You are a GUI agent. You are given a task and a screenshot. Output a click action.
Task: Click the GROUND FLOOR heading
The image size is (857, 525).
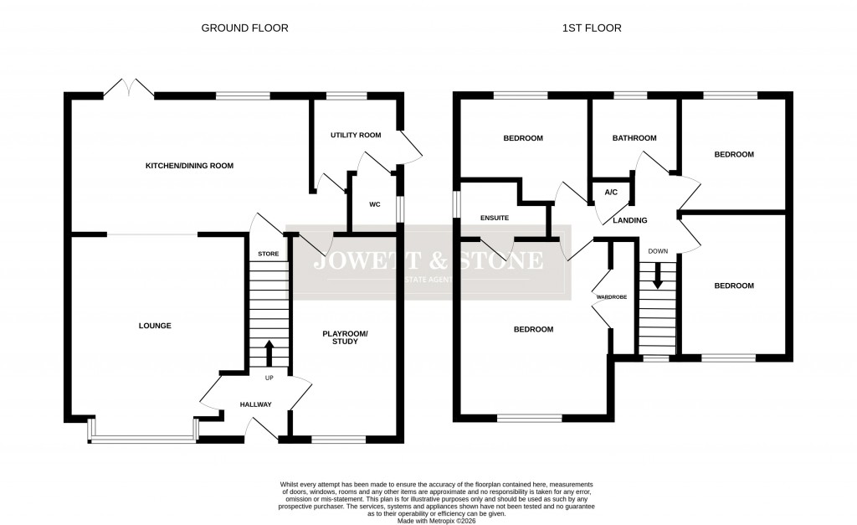[x=244, y=28]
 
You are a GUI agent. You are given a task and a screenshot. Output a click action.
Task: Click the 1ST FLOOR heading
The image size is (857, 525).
[x=593, y=28]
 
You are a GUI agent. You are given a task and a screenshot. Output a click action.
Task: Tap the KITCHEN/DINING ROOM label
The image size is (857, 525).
[x=189, y=166]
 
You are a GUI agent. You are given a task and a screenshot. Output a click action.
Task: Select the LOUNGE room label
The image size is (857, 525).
[x=155, y=326]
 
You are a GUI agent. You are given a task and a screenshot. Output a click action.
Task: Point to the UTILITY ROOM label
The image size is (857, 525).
[x=355, y=135]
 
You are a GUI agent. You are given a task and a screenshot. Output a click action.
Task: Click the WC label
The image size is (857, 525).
[x=375, y=203]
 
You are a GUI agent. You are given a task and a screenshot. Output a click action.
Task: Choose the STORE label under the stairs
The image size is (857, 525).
[x=268, y=254]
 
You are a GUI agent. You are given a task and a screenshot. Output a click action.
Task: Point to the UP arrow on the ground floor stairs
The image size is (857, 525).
[x=269, y=353]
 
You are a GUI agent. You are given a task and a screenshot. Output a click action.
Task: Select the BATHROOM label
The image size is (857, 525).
[x=634, y=138]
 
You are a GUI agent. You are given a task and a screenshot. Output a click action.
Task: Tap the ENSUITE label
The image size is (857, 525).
[x=495, y=218]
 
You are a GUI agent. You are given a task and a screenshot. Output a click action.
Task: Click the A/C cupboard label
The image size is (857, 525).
[x=611, y=193]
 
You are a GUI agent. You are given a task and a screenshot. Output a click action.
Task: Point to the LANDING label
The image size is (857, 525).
[x=629, y=220]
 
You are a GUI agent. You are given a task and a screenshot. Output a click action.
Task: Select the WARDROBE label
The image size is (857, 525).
[x=611, y=297]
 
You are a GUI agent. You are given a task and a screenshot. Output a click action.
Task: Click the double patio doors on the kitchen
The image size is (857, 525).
[x=129, y=88]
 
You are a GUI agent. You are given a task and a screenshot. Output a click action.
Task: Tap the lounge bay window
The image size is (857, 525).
[x=142, y=437]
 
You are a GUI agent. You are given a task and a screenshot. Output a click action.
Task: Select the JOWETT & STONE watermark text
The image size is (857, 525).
[x=428, y=261]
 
